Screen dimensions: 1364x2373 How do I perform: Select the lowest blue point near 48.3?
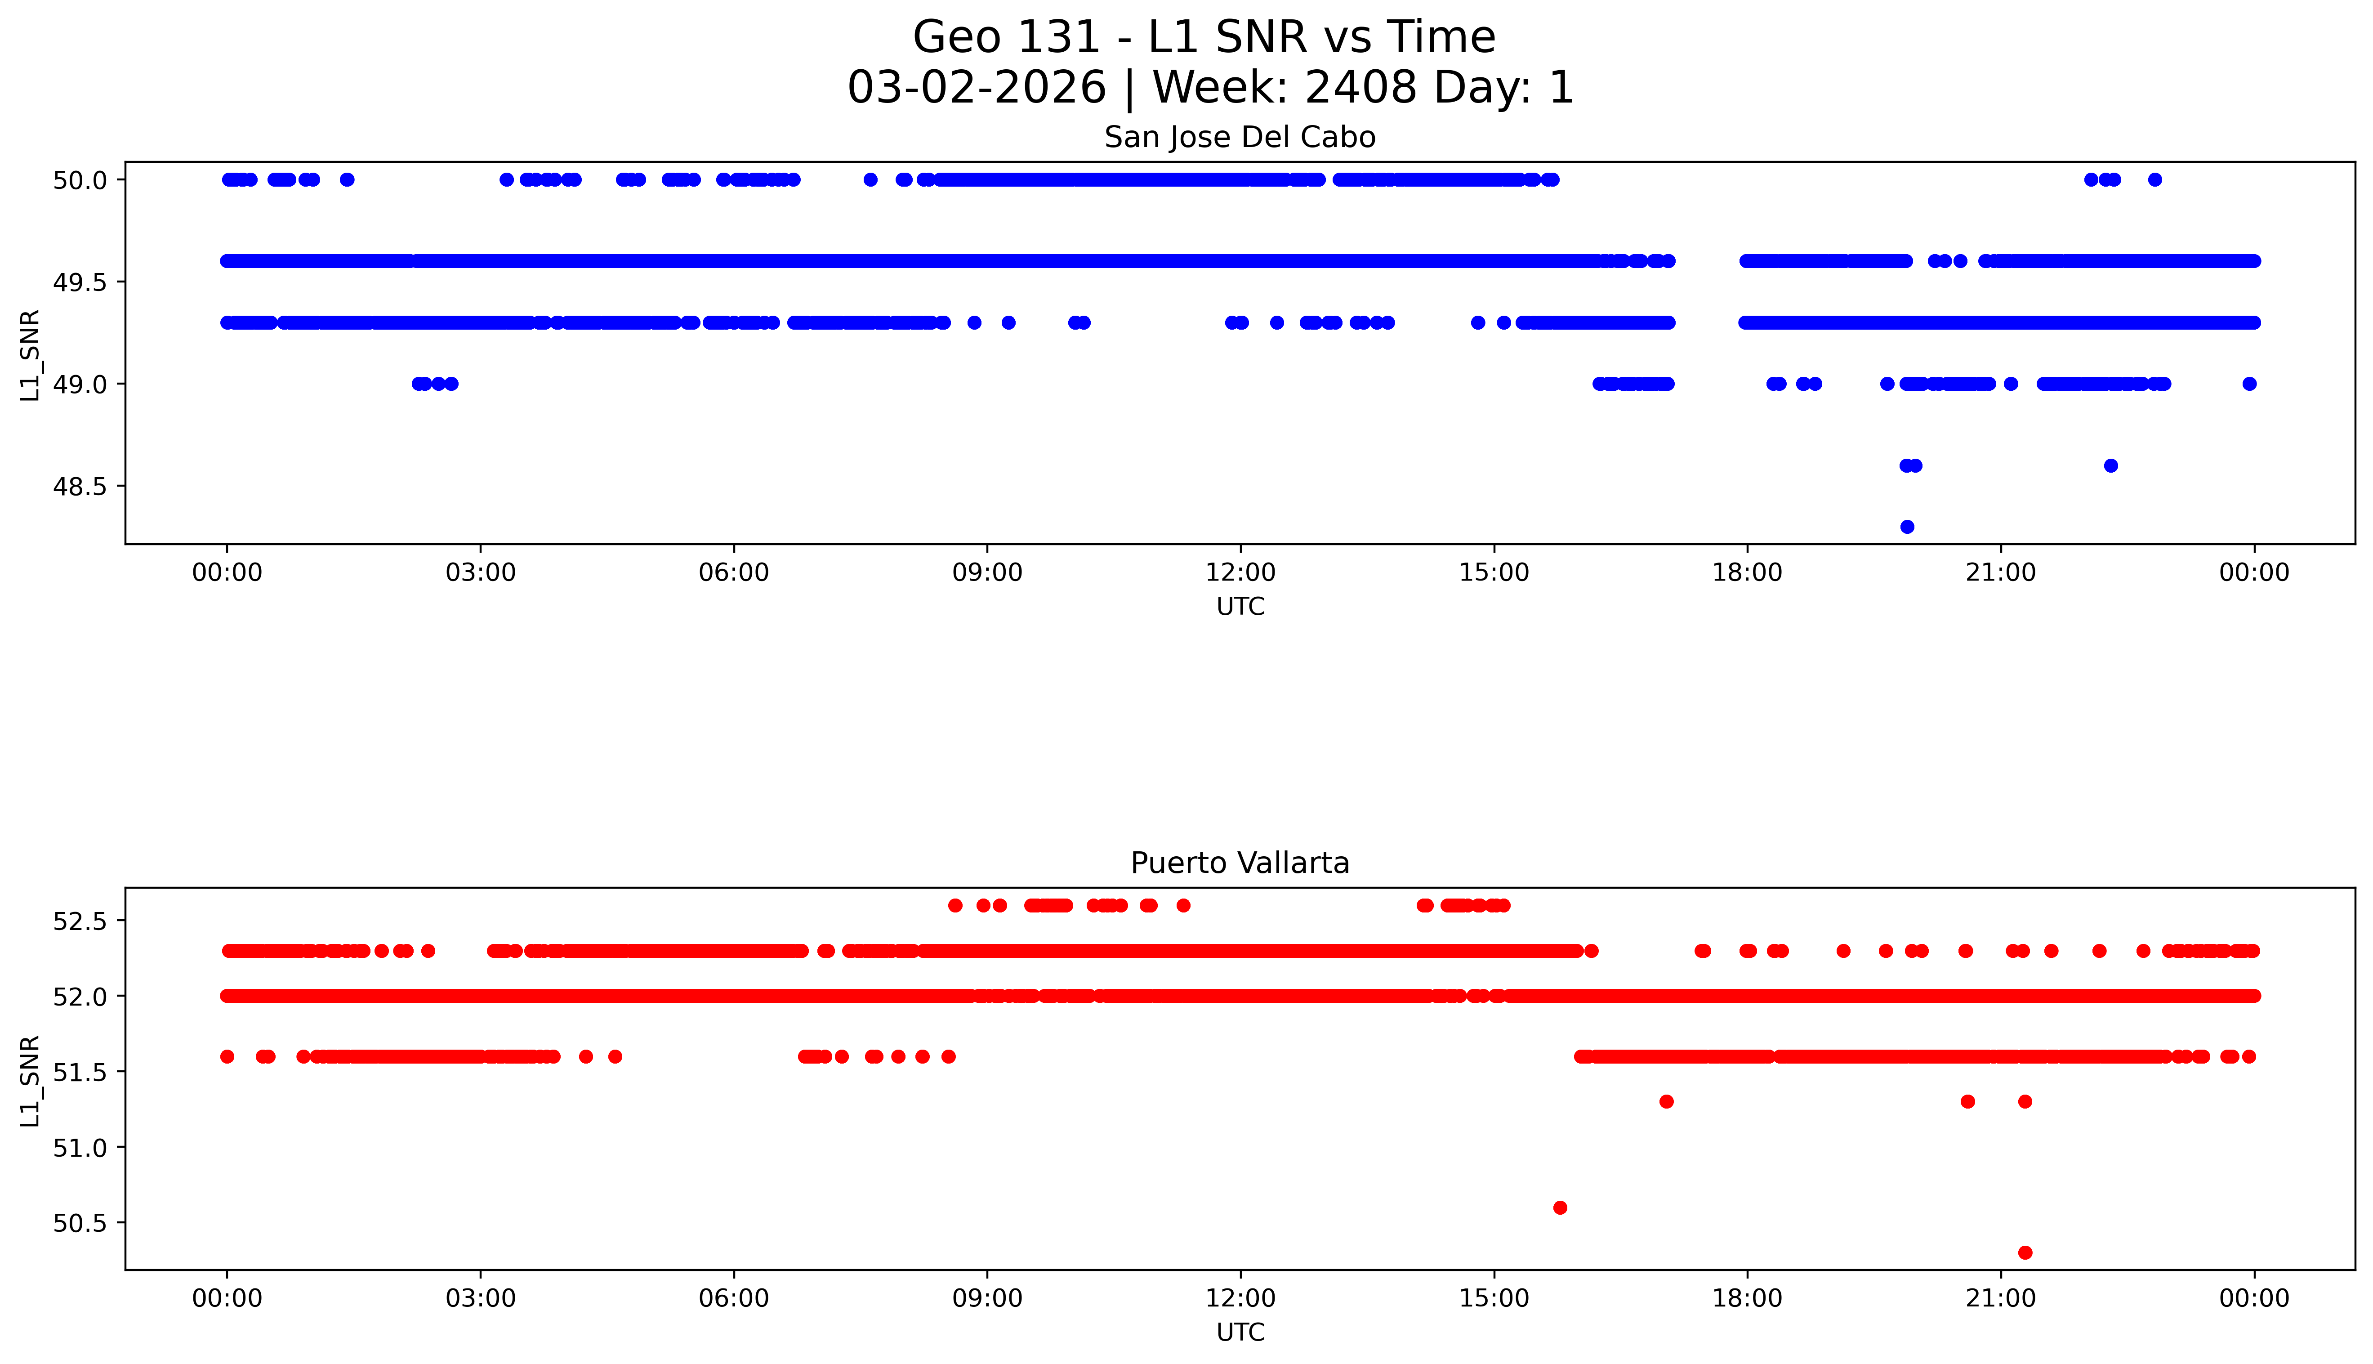[x=1907, y=527]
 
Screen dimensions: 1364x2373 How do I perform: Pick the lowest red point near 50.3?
[x=2025, y=1252]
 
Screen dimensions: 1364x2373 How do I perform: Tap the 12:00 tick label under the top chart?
[x=1240, y=572]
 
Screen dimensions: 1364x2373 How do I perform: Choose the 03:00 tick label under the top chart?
[x=481, y=572]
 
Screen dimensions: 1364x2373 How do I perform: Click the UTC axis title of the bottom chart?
[x=1240, y=1332]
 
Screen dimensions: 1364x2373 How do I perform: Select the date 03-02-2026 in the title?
[x=977, y=88]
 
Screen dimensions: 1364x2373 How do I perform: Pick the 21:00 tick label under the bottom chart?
[x=2000, y=1298]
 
